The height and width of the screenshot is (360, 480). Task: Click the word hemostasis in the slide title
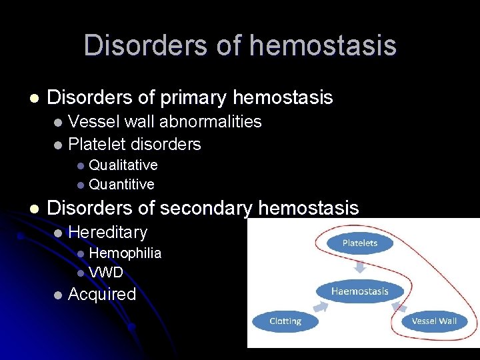[323, 46]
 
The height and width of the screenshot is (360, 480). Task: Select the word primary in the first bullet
[193, 98]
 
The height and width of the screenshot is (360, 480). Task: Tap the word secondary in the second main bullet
[205, 208]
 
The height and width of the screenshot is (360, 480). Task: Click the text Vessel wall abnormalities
[165, 121]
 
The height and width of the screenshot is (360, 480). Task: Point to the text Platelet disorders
[134, 144]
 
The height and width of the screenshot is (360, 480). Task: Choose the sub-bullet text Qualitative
[123, 165]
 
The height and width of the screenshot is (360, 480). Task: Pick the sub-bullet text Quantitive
[121, 184]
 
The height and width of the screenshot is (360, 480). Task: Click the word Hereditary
[107, 232]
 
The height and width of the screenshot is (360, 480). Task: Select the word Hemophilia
[125, 253]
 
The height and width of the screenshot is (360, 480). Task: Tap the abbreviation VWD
[106, 272]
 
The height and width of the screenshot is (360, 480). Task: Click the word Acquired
[102, 294]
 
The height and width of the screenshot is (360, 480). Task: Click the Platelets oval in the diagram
[359, 243]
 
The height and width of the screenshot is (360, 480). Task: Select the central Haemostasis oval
[360, 291]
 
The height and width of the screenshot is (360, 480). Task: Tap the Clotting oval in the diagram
[285, 321]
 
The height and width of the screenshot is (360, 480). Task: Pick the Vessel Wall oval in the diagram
[433, 321]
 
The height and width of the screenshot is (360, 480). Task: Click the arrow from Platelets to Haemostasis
[359, 267]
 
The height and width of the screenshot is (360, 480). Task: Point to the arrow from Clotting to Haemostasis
[321, 307]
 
